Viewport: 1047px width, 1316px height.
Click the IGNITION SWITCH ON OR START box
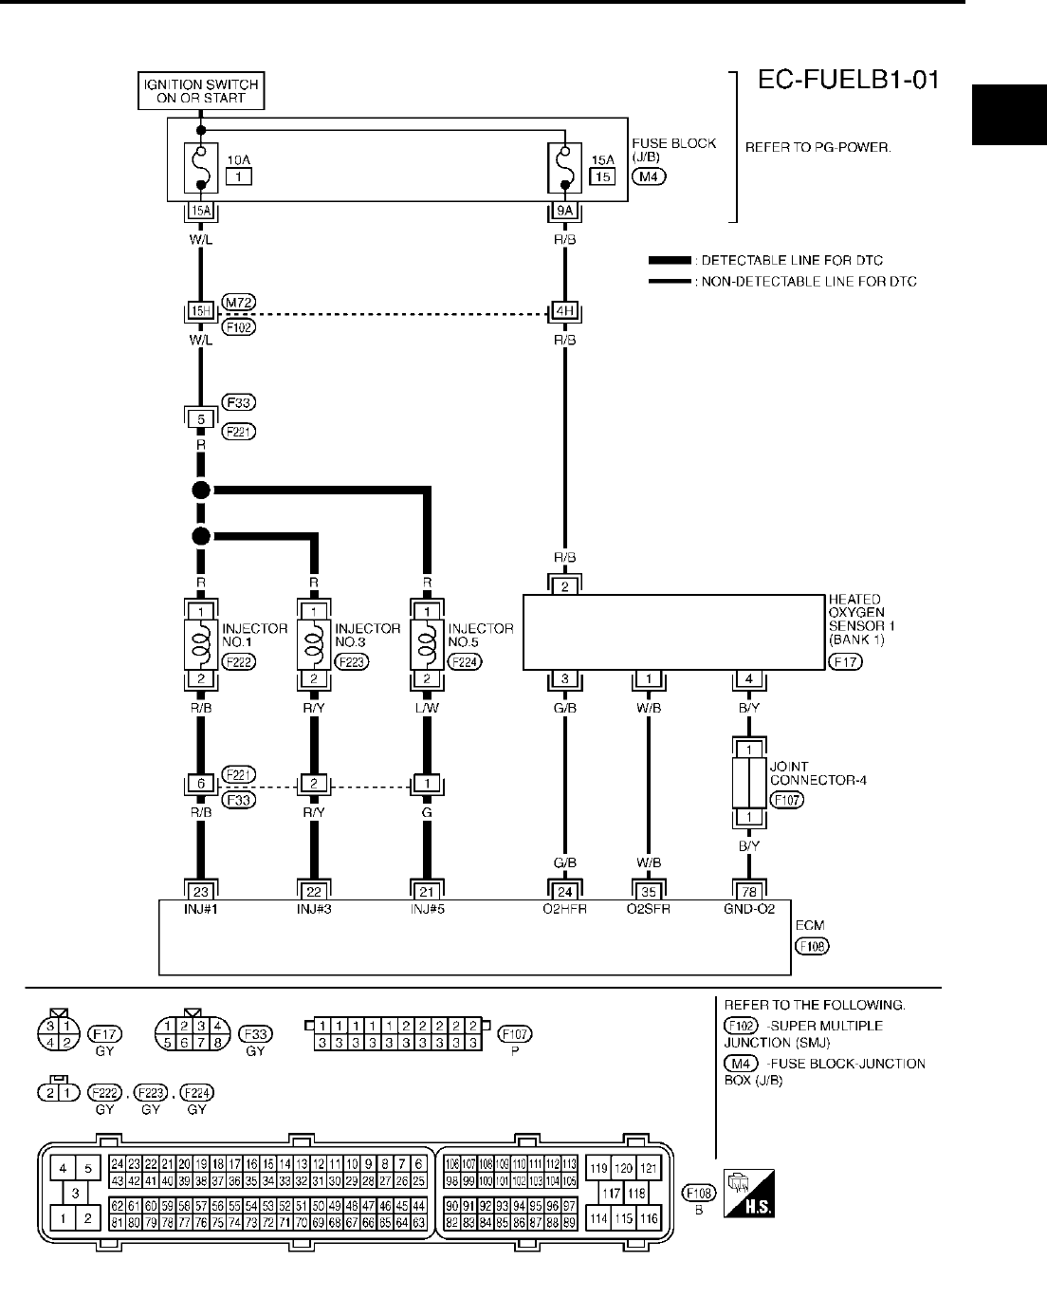[x=200, y=91]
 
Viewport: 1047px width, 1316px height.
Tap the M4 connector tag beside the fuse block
[x=650, y=176]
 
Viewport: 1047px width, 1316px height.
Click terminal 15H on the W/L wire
[x=200, y=310]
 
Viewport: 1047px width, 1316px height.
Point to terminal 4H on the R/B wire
[x=564, y=310]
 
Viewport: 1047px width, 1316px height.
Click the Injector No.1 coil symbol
[x=200, y=645]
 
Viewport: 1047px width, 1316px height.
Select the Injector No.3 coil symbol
[x=314, y=645]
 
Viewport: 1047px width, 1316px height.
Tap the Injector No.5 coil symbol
[x=428, y=645]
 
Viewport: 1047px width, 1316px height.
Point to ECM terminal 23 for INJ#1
[x=200, y=890]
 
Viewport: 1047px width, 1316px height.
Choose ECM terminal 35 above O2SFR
[x=649, y=890]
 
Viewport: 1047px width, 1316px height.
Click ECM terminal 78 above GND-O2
[x=749, y=890]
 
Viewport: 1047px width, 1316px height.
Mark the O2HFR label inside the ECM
[x=565, y=908]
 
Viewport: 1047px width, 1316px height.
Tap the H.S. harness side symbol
[x=749, y=1194]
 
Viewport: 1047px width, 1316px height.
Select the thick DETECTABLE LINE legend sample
[x=671, y=260]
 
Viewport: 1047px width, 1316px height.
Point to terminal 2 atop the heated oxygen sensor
[x=564, y=586]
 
